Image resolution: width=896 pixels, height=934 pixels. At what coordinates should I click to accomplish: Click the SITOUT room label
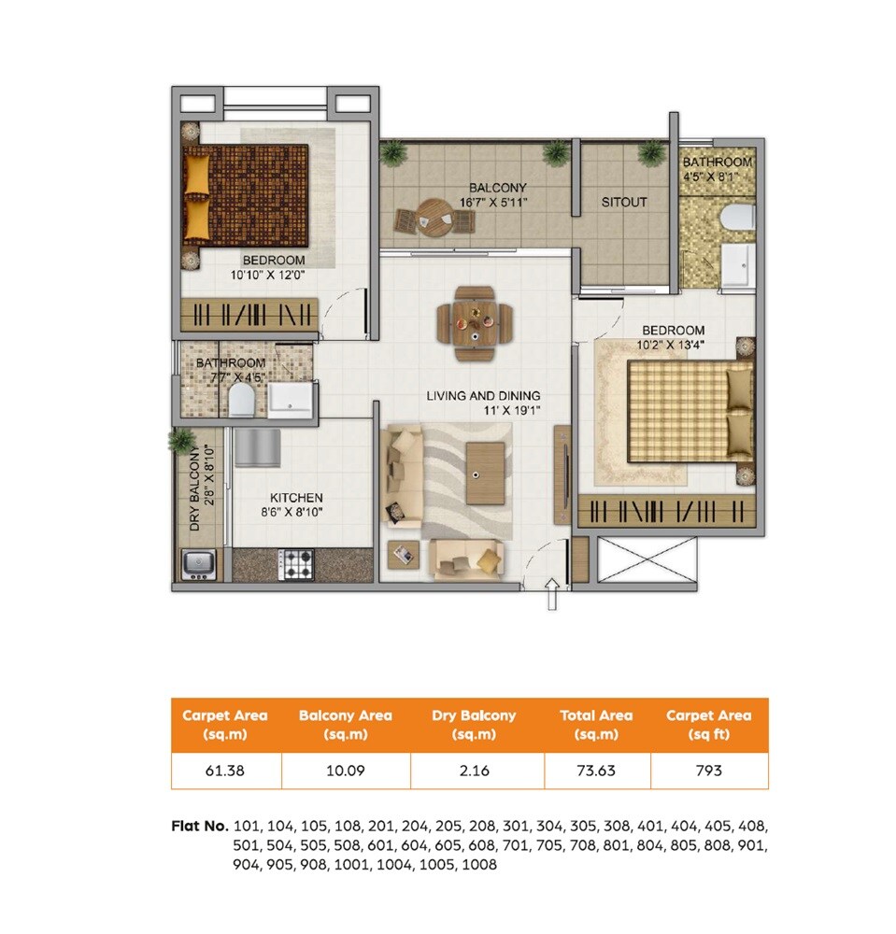click(x=624, y=202)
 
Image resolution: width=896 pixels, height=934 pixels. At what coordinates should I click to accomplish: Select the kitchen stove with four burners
click(x=298, y=563)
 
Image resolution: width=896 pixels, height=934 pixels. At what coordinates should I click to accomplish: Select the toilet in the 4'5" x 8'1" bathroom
click(x=737, y=217)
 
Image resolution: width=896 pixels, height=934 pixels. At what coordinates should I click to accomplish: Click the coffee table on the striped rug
click(x=485, y=473)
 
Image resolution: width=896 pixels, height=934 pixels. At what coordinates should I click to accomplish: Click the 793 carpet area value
click(x=708, y=771)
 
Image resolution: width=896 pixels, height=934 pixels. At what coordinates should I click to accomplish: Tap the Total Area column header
click(x=596, y=724)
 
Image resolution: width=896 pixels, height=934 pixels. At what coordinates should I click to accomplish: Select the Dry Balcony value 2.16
click(x=475, y=771)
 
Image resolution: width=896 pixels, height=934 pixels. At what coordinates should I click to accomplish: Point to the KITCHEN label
click(x=296, y=498)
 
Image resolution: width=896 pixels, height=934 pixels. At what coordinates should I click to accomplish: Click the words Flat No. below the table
click(x=200, y=827)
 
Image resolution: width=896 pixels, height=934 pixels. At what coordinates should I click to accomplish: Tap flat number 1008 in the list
click(x=479, y=865)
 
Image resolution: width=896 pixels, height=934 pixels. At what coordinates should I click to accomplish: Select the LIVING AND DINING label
click(x=483, y=396)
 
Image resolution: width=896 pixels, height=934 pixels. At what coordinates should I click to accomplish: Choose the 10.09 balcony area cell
click(x=345, y=771)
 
